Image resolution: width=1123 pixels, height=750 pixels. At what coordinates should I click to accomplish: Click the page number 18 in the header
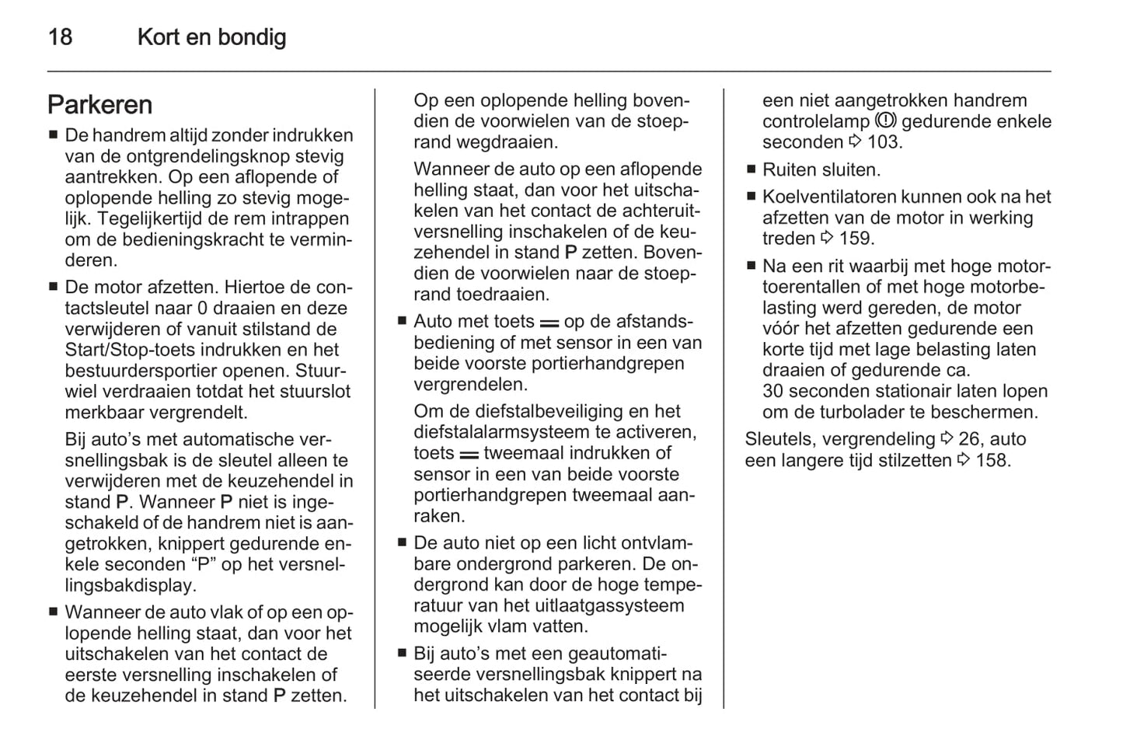coord(60,37)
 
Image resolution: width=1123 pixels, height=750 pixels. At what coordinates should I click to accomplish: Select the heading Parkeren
coord(99,105)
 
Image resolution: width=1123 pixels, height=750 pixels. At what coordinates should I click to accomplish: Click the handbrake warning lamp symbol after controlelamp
coord(885,120)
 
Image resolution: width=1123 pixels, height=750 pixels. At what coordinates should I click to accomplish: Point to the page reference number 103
coord(883,142)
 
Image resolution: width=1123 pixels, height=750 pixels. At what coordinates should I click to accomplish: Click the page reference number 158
coord(992,460)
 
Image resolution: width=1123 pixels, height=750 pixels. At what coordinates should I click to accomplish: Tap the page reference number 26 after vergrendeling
coord(968,439)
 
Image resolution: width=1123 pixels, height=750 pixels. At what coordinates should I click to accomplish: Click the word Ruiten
coord(789,169)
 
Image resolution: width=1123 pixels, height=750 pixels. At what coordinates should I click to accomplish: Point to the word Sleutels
coord(780,439)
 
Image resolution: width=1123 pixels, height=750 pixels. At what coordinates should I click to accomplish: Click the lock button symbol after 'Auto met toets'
coord(549,323)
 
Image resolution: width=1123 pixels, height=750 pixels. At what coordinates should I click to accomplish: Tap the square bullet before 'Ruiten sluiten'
coord(751,169)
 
